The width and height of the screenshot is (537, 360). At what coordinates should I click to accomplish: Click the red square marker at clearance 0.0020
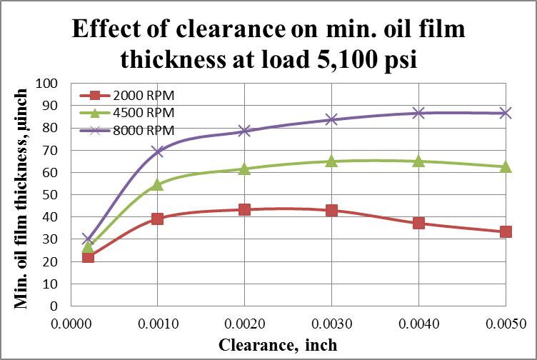tap(244, 209)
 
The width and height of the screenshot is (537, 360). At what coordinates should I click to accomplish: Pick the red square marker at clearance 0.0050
tap(506, 231)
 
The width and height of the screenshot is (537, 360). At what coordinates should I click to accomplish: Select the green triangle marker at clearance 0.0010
tap(157, 184)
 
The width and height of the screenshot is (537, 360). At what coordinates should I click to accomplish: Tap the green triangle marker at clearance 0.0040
tap(418, 161)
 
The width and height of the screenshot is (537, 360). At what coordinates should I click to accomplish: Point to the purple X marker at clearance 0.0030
tap(331, 119)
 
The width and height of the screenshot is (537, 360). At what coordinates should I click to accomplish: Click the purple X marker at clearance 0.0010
tap(157, 151)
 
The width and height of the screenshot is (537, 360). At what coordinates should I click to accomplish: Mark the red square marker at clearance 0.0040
tap(418, 223)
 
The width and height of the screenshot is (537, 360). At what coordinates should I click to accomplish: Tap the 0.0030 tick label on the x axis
tap(331, 323)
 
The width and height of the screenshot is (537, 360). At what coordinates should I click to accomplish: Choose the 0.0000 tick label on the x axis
tap(70, 323)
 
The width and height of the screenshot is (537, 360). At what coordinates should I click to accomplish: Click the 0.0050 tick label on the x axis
tap(506, 323)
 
